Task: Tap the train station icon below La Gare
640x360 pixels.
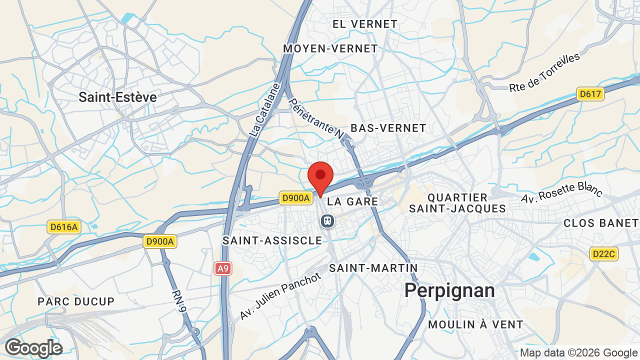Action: (327, 220)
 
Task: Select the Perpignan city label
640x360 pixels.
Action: (449, 290)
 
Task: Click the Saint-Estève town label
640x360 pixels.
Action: (117, 97)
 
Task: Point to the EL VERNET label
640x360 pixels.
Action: (365, 24)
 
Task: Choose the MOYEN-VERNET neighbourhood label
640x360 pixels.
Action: (330, 48)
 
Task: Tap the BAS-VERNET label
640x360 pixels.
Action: (388, 128)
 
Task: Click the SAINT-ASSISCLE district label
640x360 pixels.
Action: (272, 240)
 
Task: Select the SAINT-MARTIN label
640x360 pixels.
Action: (373, 268)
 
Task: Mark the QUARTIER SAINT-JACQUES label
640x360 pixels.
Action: (457, 203)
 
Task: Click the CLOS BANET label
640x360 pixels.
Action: (601, 223)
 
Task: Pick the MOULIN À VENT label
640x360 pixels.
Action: (475, 324)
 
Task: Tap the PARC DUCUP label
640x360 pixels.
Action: (76, 301)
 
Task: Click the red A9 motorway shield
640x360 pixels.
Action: (223, 269)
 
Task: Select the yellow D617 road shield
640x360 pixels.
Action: (590, 93)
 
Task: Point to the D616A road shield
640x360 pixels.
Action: (63, 227)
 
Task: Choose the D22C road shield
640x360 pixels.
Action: (603, 254)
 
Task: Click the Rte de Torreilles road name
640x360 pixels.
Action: (544, 72)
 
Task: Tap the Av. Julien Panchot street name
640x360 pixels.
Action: (280, 296)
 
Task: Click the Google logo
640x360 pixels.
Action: (33, 348)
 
